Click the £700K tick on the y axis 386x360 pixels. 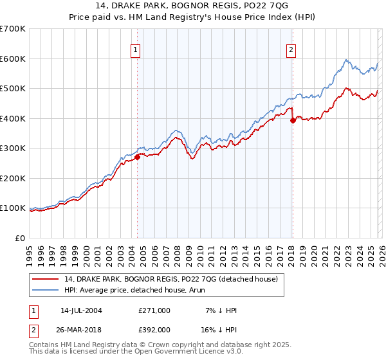click(x=13, y=29)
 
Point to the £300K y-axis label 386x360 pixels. click(x=13, y=148)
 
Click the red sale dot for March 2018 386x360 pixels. click(x=293, y=120)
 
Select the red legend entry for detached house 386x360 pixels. click(x=170, y=279)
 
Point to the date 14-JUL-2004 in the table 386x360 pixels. click(x=81, y=310)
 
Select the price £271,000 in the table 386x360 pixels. click(x=154, y=310)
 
